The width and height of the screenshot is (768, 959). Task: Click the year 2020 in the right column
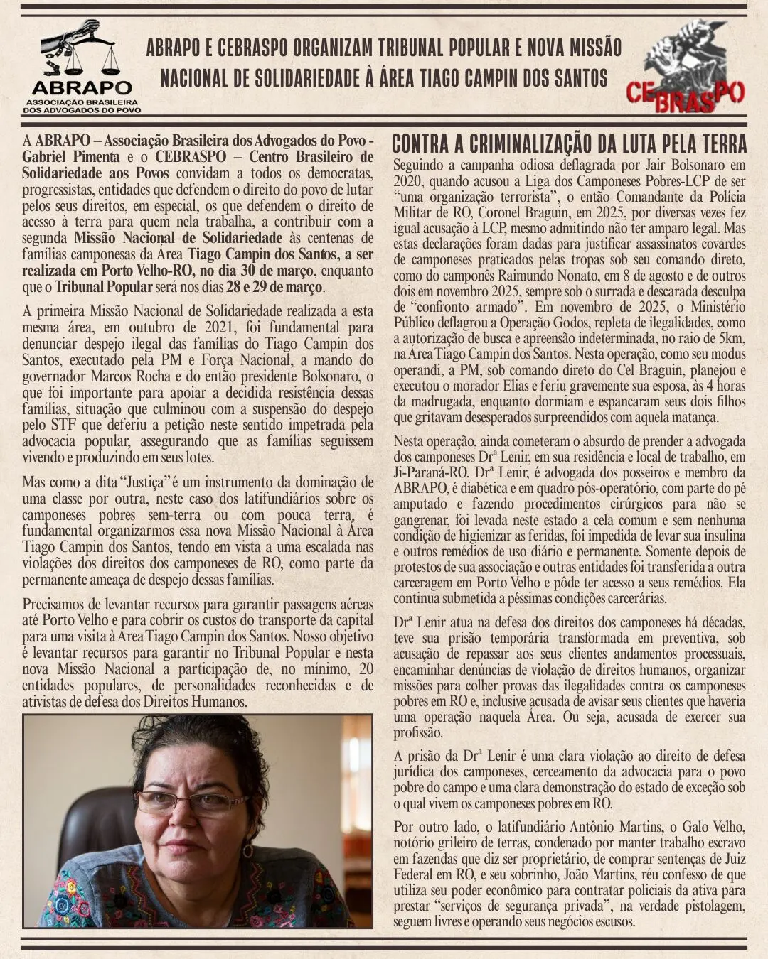(407, 180)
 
